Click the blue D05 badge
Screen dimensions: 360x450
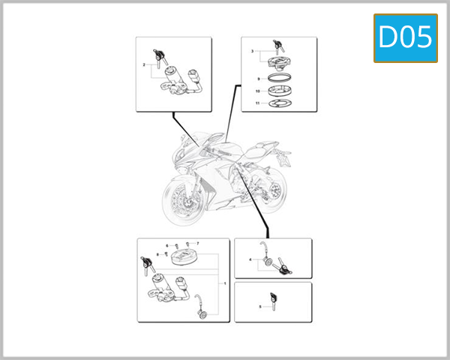(x=406, y=37)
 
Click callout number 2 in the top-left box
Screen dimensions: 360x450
(x=143, y=66)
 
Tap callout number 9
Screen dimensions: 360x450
(x=257, y=78)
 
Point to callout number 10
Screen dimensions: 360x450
(x=257, y=91)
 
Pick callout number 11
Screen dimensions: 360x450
(x=257, y=103)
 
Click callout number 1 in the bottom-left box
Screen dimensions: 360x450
(x=224, y=283)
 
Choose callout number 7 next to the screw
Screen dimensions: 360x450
(x=197, y=244)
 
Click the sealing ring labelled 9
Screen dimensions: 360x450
(x=279, y=78)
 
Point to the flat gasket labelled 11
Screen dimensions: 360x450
(x=279, y=103)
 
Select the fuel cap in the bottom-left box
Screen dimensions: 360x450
(x=184, y=259)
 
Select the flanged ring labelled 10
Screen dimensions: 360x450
(x=279, y=91)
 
